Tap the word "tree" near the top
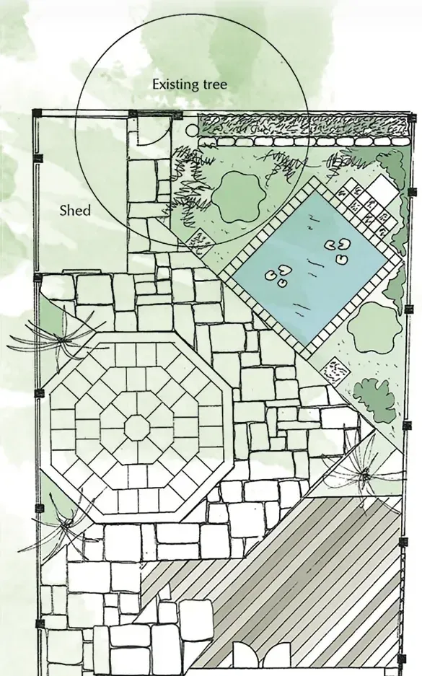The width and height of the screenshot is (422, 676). pyautogui.click(x=214, y=84)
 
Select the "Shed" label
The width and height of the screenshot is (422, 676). pyautogui.click(x=76, y=211)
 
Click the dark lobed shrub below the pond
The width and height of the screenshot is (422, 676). pyautogui.click(x=374, y=400)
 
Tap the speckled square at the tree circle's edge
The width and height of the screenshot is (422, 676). pyautogui.click(x=201, y=242)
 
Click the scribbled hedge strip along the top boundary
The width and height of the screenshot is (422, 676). pyautogui.click(x=303, y=125)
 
